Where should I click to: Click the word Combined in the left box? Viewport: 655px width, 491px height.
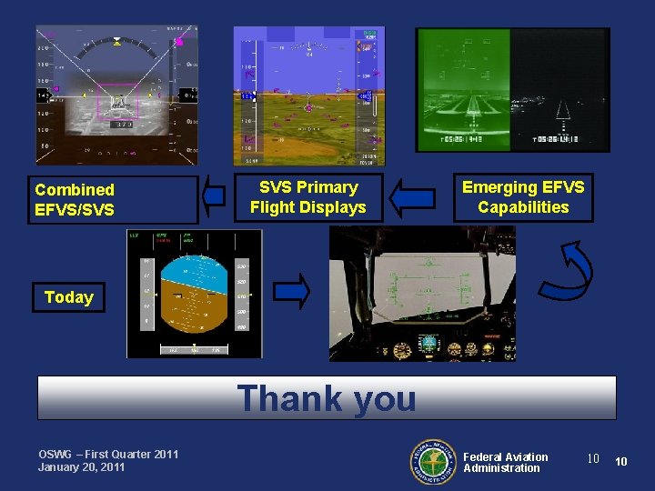click(75, 190)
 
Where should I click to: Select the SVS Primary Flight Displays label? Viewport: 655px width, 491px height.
click(307, 197)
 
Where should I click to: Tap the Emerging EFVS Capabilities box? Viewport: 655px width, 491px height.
click(523, 197)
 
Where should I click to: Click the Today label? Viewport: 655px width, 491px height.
click(69, 297)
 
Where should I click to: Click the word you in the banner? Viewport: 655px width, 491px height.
click(373, 398)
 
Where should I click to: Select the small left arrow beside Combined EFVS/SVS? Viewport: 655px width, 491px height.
click(214, 195)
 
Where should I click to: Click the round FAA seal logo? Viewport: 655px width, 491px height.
click(432, 462)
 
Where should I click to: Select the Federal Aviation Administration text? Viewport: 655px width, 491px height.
click(505, 462)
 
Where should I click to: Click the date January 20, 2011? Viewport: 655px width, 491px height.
click(83, 467)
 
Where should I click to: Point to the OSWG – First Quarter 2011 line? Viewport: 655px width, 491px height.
click(108, 455)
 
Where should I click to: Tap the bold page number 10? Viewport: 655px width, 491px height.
click(621, 462)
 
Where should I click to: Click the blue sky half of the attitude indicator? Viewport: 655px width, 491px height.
click(193, 274)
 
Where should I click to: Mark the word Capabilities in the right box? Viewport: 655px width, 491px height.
click(523, 207)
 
